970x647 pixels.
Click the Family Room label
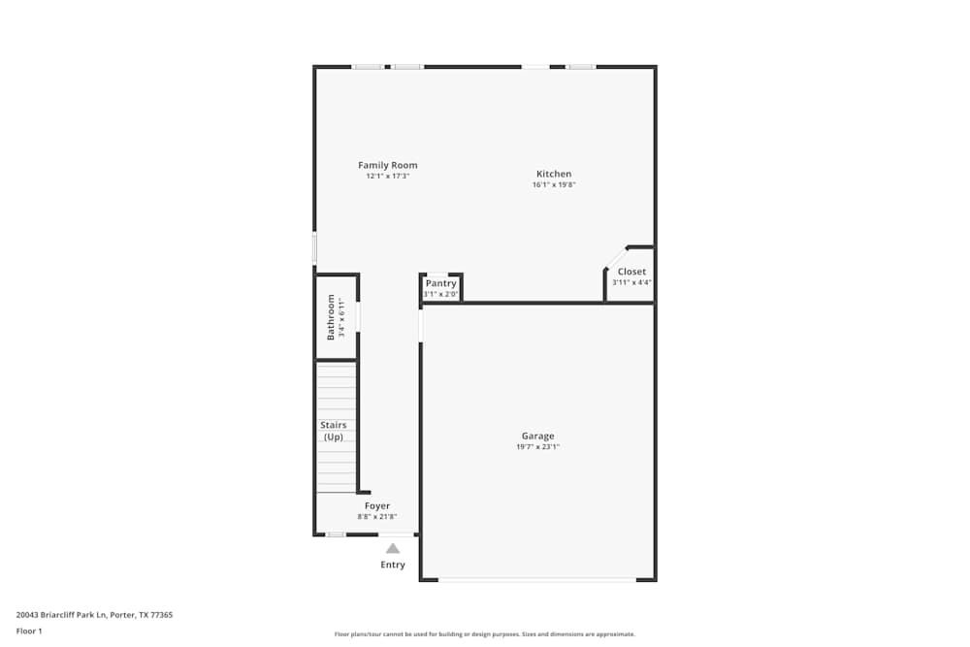(388, 165)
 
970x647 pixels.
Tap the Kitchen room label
(554, 174)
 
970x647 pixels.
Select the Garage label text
(538, 436)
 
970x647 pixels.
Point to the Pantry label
(440, 283)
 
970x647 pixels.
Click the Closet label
(631, 272)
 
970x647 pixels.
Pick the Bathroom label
(331, 317)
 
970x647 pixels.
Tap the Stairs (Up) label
(334, 431)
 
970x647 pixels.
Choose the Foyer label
(377, 505)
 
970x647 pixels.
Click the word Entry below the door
(393, 565)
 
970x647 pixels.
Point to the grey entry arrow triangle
(393, 548)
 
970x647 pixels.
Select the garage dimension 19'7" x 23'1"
(538, 447)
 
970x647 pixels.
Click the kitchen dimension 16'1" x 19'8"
(554, 185)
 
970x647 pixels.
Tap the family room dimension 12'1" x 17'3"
(388, 177)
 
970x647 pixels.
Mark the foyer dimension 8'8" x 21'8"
(377, 517)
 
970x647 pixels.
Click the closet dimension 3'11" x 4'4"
(631, 282)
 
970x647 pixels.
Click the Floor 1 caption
(29, 631)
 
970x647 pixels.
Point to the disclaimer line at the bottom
(484, 634)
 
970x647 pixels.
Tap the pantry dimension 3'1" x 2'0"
(440, 294)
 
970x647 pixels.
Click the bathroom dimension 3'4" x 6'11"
(341, 317)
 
